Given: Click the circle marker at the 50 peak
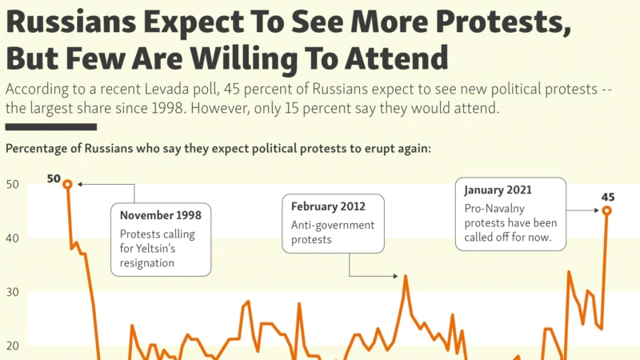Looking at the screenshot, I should pos(67,184).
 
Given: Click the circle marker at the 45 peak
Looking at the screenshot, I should pos(606,210).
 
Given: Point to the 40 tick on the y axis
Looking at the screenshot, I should pos(13,238).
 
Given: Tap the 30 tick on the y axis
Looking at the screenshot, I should pos(13,292).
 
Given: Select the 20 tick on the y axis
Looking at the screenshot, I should pos(13,346).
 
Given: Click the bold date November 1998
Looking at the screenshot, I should pos(160,214).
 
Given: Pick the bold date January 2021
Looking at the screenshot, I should pos(498,190).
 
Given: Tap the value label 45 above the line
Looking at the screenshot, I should pos(608,197).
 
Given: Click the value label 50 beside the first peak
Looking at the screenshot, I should pos(54,178).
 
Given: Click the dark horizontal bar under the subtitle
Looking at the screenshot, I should pos(51,126).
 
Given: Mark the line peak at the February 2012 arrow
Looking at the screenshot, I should pos(406,277).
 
